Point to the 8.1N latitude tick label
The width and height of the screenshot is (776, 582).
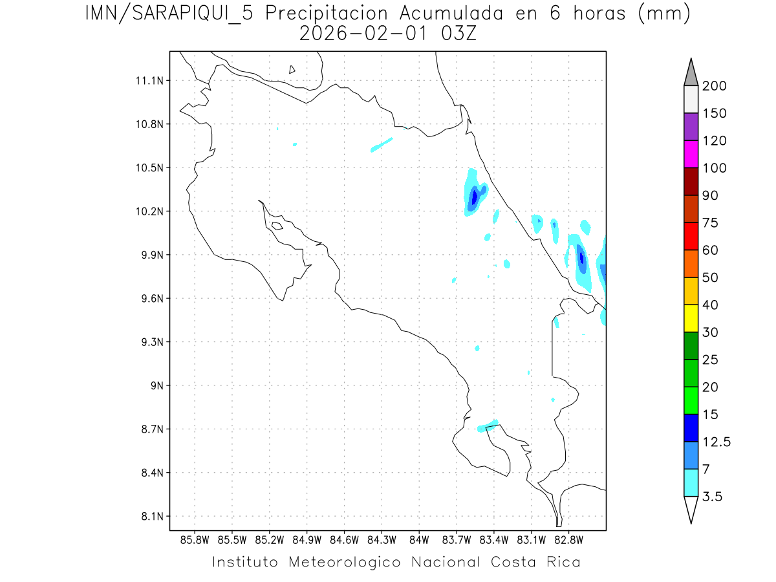[149, 516]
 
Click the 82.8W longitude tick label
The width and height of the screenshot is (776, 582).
[568, 539]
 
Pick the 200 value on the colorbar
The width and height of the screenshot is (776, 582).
[714, 86]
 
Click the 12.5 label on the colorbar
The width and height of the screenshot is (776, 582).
[717, 442]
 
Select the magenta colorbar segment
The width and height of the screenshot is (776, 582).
[691, 154]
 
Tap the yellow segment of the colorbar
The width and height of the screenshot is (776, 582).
[691, 318]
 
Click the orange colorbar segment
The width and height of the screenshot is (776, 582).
[691, 263]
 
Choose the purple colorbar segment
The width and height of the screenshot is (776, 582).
[691, 127]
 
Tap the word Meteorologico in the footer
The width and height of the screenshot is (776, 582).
[349, 562]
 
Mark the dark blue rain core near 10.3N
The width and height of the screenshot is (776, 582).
[474, 196]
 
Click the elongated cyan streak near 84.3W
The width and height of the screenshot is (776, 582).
[382, 144]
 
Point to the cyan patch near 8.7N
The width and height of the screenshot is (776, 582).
[488, 426]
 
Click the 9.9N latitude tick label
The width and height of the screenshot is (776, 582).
[149, 255]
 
